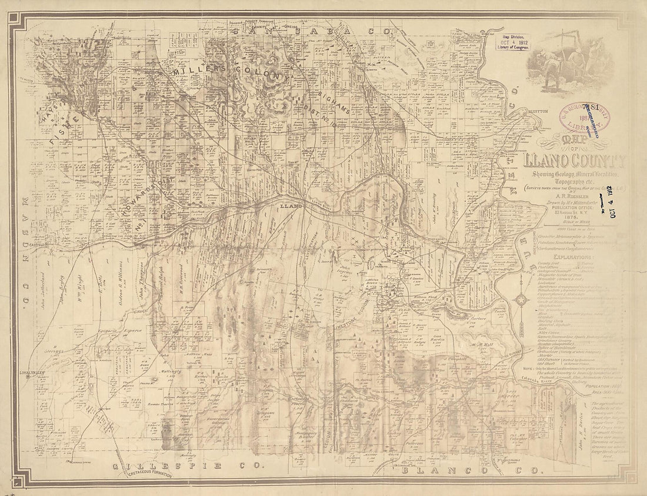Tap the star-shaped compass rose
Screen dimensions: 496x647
point(521,300)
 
